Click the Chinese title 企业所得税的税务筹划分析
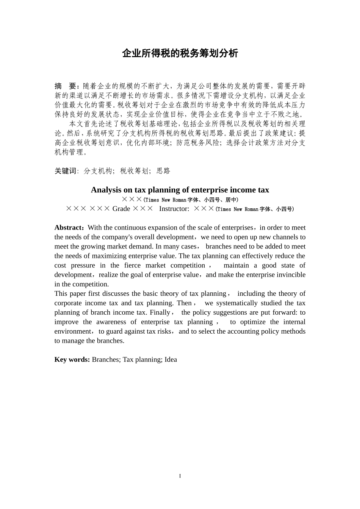click(180, 53)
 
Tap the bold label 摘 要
click(66, 86)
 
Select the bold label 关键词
click(66, 171)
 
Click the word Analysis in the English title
click(103, 190)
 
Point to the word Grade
click(121, 209)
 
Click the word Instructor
click(174, 209)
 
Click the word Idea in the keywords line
click(171, 359)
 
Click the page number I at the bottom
click(180, 476)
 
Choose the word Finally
click(160, 312)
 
